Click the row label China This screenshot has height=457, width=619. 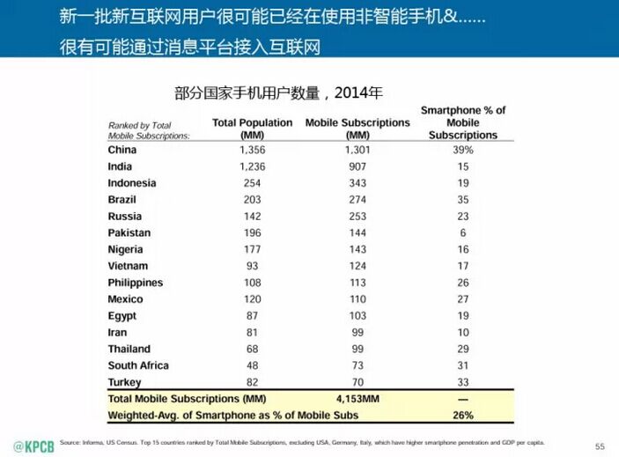point(122,150)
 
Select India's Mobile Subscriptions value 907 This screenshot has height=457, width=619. point(357,166)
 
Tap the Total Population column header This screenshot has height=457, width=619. point(252,129)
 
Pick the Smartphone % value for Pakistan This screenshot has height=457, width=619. point(463,233)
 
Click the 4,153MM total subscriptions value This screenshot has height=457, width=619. point(357,399)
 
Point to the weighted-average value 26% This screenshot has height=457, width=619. point(463,415)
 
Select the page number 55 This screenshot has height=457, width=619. point(601,446)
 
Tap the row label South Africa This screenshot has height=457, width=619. point(138,365)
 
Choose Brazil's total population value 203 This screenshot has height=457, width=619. point(252,200)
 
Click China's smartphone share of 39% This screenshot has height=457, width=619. point(463,150)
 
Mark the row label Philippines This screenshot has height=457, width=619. point(136,283)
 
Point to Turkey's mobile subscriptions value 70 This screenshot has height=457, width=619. point(357,382)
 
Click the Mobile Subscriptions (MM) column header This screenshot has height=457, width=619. point(357,129)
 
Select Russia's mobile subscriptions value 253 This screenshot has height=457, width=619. point(357,217)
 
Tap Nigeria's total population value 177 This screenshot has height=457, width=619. point(252,249)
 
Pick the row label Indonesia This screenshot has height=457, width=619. point(132,183)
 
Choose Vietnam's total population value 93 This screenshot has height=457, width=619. point(252,266)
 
